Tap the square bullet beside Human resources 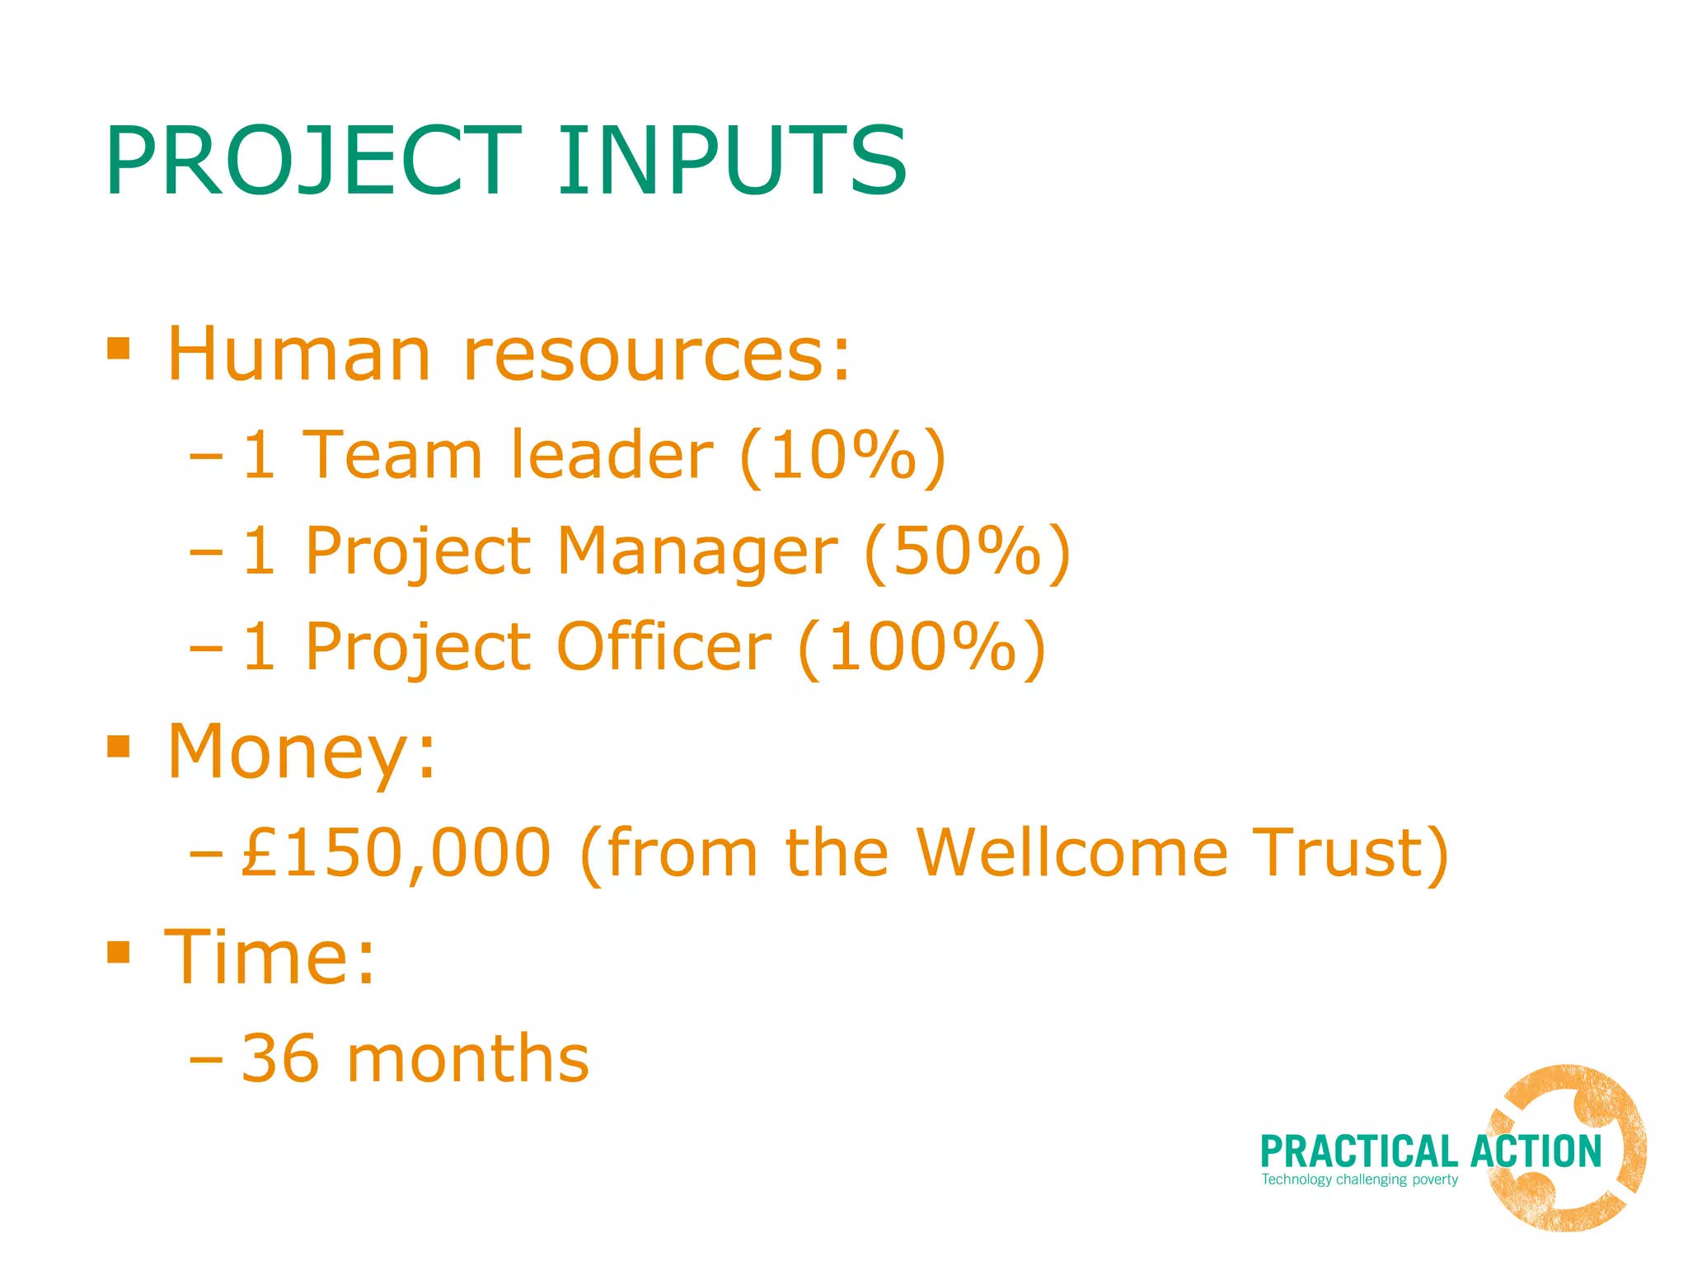(119, 348)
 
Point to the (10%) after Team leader (842, 455)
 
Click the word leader (611, 455)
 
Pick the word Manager (697, 551)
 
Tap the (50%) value (967, 551)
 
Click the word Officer (663, 647)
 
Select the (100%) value (921, 647)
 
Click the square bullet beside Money (119, 746)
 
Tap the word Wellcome (1071, 853)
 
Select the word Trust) (1350, 853)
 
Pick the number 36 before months (280, 1059)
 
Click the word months (467, 1059)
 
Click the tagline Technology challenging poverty (1359, 1179)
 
